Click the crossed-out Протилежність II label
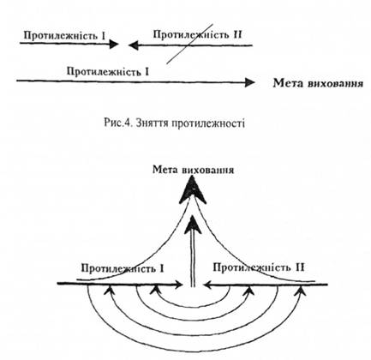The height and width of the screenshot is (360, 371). (x=197, y=35)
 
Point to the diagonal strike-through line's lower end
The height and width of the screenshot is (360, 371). (x=167, y=63)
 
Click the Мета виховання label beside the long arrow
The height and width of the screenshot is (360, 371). (x=318, y=83)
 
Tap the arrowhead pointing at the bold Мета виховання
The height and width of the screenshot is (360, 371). (x=250, y=83)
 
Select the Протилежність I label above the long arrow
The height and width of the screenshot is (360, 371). (x=108, y=71)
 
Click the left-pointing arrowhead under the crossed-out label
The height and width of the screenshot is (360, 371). (x=134, y=45)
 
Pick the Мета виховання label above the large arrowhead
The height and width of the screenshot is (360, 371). (x=194, y=170)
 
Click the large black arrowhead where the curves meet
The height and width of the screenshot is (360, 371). (x=193, y=189)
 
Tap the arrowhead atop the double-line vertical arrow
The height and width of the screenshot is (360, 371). (x=193, y=225)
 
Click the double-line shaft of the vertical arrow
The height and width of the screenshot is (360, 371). (x=193, y=260)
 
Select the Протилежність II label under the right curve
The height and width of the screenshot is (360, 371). (x=259, y=267)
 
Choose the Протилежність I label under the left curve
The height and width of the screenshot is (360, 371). (x=123, y=268)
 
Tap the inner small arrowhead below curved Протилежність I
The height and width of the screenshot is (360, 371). (x=156, y=290)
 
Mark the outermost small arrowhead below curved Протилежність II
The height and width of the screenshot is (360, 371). (x=301, y=291)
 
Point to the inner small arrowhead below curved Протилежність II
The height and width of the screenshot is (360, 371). (x=249, y=291)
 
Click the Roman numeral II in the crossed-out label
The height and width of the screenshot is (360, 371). (x=236, y=35)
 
